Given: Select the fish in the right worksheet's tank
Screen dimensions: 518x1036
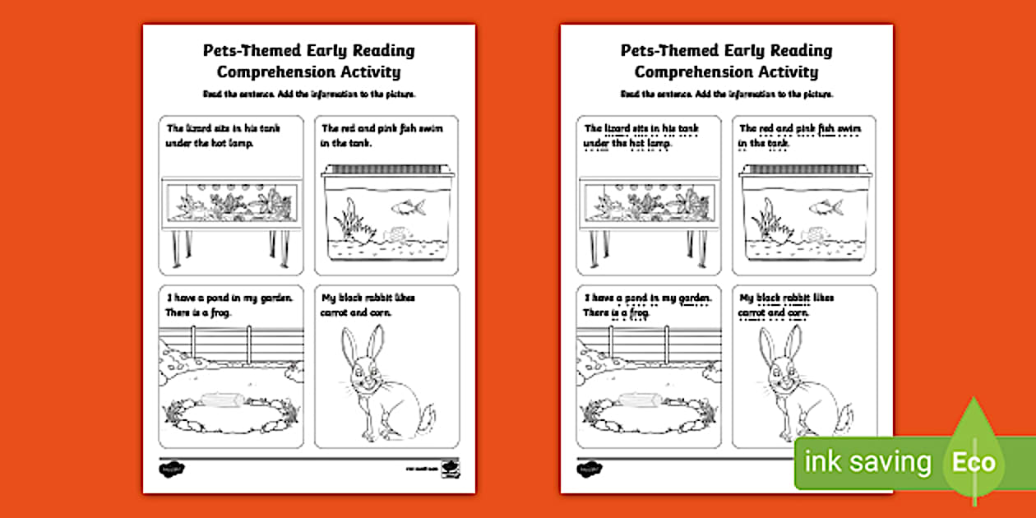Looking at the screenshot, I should coord(825,206).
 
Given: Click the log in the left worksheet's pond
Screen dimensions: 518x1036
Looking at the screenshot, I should coord(220,400).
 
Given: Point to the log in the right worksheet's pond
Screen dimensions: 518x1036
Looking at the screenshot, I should coord(638,400).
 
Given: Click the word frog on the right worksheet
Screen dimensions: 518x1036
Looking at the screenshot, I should coord(640,313).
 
